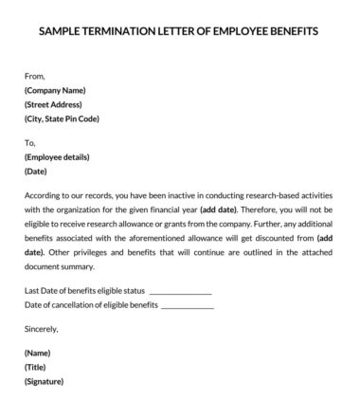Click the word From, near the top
coord(35,74)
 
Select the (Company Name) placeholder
coord(60,89)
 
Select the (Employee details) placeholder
coord(61,158)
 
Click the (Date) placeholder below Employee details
coord(38,173)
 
